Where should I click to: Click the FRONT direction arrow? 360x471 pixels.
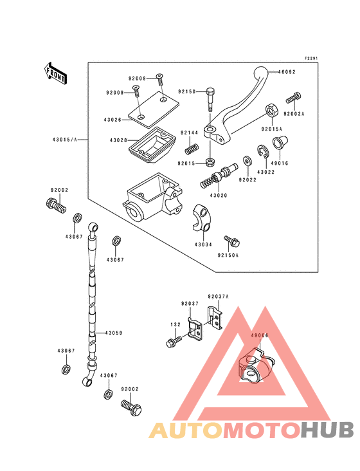coord(55,73)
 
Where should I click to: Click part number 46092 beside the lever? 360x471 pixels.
coord(287,72)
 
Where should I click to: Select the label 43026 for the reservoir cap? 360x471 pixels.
coord(113,120)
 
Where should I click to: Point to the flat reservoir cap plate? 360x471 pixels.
coord(154,109)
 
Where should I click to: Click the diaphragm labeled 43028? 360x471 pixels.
coord(153,145)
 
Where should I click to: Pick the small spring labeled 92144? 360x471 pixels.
coord(192,149)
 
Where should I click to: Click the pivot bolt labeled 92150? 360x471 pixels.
coord(210,100)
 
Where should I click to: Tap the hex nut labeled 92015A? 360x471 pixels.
coord(272,111)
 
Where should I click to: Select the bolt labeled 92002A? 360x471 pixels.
coord(293,98)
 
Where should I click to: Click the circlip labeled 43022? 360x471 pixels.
coord(263,151)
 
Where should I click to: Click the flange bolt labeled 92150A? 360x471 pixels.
coord(232,241)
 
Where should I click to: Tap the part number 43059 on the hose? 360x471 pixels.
coord(114,333)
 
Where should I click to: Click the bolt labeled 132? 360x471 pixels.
coord(174,342)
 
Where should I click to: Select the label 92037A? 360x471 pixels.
coord(219,297)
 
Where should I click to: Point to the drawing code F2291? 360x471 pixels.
coord(311,59)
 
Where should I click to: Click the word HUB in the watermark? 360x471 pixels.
coord(328,430)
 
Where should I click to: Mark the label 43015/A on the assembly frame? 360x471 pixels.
coord(65,140)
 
